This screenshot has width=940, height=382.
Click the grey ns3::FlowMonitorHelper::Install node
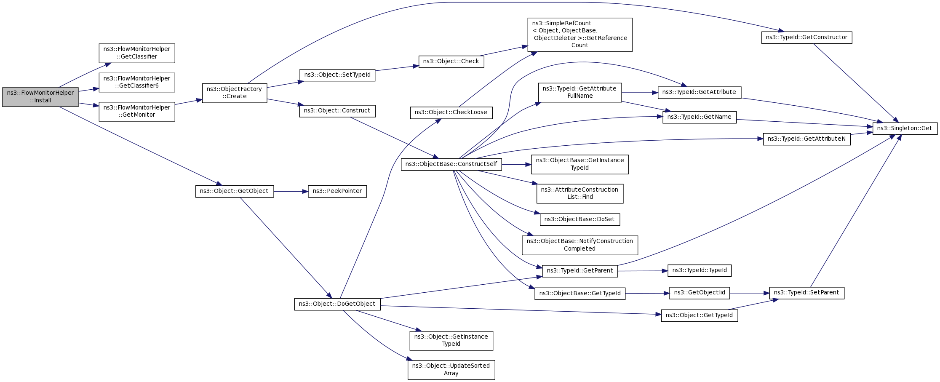pos(40,97)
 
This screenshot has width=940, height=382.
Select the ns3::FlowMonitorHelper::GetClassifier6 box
pos(137,82)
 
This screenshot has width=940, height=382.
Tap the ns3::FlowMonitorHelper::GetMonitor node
pos(137,112)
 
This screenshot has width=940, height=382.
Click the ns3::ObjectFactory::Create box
pos(235,93)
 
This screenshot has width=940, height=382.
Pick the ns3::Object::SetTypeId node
pos(337,75)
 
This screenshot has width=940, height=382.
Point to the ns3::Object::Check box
pos(451,61)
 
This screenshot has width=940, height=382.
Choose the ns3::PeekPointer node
pos(337,191)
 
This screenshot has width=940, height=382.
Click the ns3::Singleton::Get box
pos(905,128)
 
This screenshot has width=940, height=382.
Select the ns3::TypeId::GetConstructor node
pos(807,37)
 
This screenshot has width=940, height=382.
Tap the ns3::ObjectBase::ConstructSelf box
pos(451,164)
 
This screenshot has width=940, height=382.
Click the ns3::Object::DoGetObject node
pos(337,304)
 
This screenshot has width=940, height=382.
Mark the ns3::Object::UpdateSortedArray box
pos(451,370)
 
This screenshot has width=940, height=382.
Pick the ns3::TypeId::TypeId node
pos(700,270)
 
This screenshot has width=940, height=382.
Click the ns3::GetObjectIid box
pos(700,293)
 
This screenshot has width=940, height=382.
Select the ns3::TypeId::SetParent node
pos(807,293)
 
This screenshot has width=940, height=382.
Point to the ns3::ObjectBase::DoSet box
pos(580,219)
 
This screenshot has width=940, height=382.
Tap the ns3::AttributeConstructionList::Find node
pos(580,193)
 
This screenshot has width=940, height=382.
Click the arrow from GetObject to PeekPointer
pos(291,192)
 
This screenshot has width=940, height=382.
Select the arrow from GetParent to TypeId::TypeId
pos(643,271)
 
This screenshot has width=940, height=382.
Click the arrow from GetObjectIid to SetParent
pos(750,293)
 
